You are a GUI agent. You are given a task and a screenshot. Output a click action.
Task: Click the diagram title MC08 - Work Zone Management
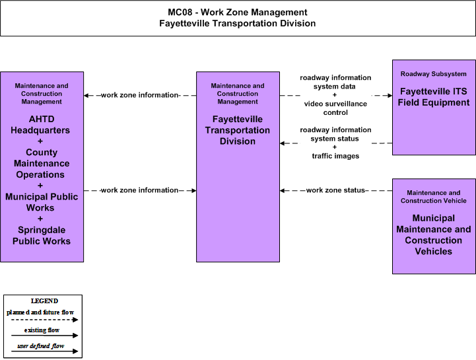pyautogui.click(x=238, y=12)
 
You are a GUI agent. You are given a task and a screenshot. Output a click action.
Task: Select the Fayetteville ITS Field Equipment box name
pyautogui.click(x=434, y=97)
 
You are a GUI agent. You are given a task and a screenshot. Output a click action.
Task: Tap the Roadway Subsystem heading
pyautogui.click(x=434, y=74)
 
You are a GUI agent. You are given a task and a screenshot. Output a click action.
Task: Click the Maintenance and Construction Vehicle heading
pyautogui.click(x=434, y=197)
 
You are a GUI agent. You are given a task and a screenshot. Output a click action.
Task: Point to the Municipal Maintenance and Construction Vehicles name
pyautogui.click(x=434, y=234)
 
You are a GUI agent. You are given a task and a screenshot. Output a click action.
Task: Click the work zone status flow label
pyautogui.click(x=335, y=190)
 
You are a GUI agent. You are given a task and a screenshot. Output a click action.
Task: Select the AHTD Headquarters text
pyautogui.click(x=40, y=125)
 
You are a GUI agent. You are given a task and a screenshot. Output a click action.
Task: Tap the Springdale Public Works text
pyautogui.click(x=42, y=235)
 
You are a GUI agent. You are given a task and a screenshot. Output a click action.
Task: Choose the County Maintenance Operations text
pyautogui.click(x=42, y=163)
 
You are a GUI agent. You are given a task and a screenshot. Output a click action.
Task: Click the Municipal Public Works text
pyautogui.click(x=42, y=202)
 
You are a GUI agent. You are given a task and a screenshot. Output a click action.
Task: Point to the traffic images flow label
pyautogui.click(x=335, y=156)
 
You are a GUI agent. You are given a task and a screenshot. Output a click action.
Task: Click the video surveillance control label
pyautogui.click(x=335, y=108)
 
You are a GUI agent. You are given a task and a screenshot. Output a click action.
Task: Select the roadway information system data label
pyautogui.click(x=335, y=82)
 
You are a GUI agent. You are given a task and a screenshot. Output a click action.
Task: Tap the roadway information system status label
pyautogui.click(x=335, y=134)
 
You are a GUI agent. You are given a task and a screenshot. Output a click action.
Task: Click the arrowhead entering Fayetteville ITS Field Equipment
pyautogui.click(x=390, y=95)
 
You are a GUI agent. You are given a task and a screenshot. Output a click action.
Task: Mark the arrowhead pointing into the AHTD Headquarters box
pyautogui.click(x=86, y=95)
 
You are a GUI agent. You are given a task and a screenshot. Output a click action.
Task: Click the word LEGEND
pyautogui.click(x=44, y=301)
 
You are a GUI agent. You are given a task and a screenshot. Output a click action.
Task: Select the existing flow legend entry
pyautogui.click(x=42, y=330)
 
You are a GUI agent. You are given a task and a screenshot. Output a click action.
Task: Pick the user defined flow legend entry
pyautogui.click(x=41, y=346)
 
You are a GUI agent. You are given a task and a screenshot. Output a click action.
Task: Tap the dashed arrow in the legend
pyautogui.click(x=45, y=320)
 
